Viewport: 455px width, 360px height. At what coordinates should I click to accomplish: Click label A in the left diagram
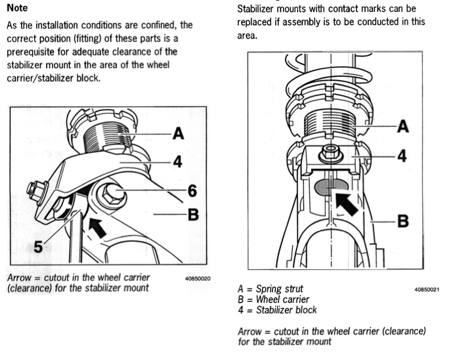click(x=177, y=135)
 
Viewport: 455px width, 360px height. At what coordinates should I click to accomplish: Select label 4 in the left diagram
click(x=177, y=162)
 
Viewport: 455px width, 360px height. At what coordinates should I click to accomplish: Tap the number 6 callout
click(x=192, y=191)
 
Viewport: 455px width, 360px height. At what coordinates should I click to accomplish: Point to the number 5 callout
click(x=39, y=247)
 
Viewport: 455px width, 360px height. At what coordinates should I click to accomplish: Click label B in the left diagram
click(x=192, y=214)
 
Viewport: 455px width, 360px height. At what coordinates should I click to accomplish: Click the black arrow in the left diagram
click(x=97, y=227)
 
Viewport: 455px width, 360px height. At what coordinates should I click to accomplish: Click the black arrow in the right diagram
click(x=347, y=203)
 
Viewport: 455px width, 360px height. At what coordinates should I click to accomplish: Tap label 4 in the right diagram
click(x=403, y=156)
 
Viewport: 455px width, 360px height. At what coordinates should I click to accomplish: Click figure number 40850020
click(x=198, y=278)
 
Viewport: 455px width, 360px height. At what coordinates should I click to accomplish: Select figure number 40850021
click(x=427, y=289)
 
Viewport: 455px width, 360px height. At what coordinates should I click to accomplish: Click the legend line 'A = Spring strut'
click(x=271, y=288)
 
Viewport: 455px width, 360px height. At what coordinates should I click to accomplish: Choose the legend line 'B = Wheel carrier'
click(x=272, y=299)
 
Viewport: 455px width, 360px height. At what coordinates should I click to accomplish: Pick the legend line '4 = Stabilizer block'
click(x=277, y=309)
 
